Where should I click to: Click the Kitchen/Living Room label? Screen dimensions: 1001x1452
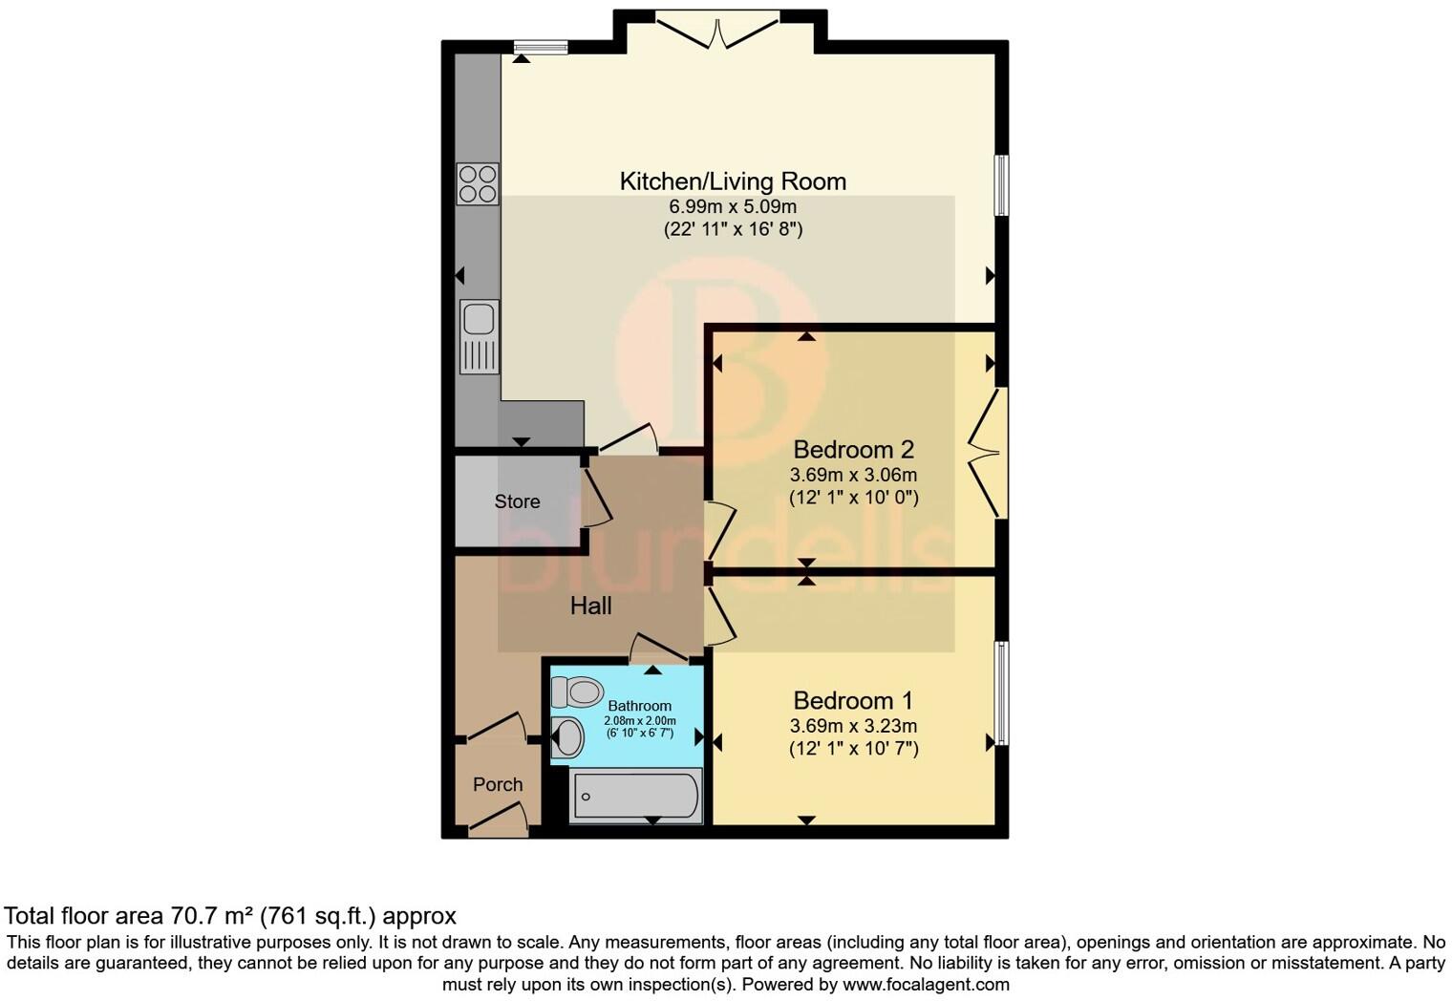pos(733,181)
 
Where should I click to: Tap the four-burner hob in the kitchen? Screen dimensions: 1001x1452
pos(478,184)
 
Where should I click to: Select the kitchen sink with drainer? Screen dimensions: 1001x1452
pos(479,336)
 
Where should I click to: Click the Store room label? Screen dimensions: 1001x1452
pos(517,501)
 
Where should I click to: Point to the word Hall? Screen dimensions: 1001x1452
pos(590,606)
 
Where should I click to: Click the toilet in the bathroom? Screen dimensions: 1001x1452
pos(577,692)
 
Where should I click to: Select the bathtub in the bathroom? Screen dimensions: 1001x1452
pos(635,795)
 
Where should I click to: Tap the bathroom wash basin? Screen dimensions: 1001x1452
pos(567,736)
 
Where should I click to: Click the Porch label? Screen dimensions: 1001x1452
pos(498,784)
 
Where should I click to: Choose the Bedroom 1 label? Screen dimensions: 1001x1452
pos(853,700)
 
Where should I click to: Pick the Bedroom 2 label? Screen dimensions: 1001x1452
pos(853,449)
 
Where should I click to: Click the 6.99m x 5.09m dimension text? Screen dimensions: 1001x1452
pos(733,206)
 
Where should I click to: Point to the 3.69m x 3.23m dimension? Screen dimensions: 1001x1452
pos(853,726)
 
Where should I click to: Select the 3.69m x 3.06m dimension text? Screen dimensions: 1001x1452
pos(853,475)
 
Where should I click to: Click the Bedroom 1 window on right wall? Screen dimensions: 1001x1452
pos(1001,692)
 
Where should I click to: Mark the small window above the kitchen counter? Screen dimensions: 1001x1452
pos(541,47)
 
